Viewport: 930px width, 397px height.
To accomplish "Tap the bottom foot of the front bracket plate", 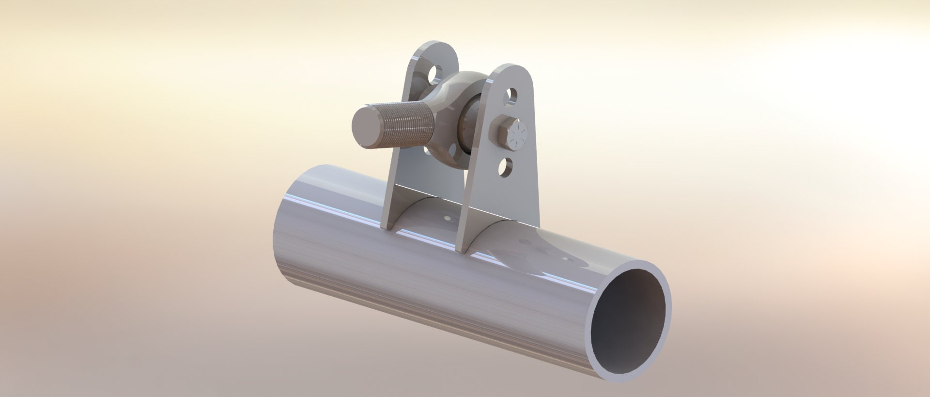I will [x=465, y=242].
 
